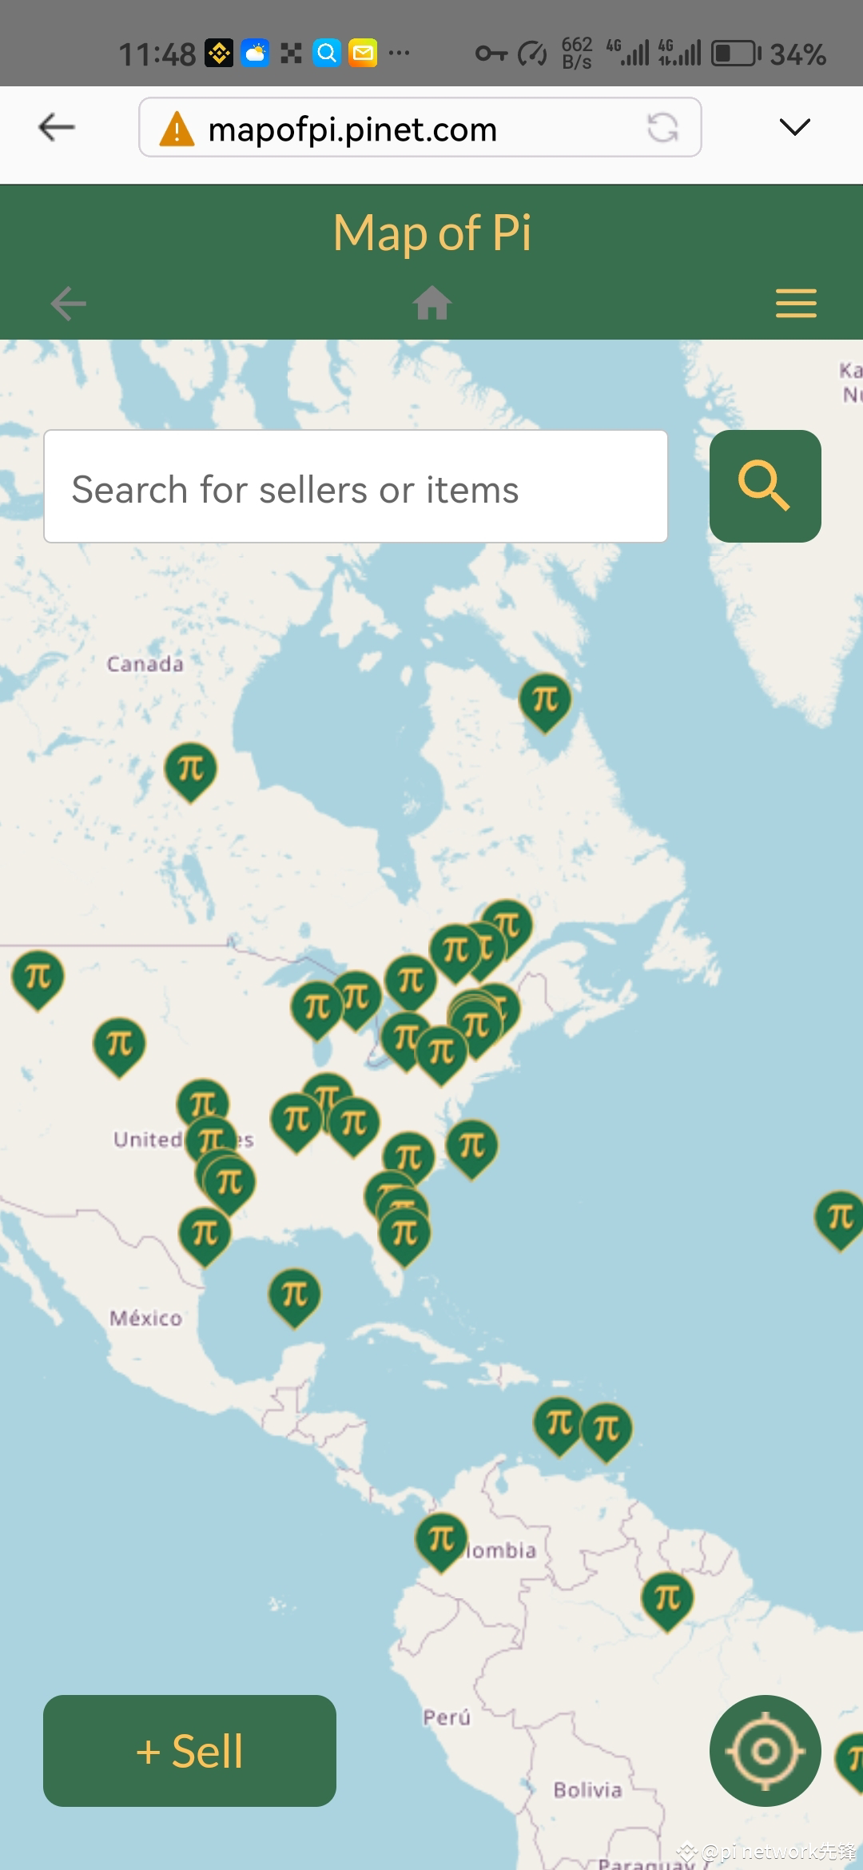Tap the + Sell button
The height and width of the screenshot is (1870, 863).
(189, 1750)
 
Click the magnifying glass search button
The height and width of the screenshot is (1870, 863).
(765, 486)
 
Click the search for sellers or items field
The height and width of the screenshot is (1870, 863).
(356, 487)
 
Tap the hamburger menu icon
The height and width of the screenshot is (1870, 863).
(796, 304)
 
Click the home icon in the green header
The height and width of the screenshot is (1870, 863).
(432, 303)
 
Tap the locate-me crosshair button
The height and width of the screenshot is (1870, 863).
(765, 1750)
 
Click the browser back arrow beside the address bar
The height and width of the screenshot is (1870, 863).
(57, 127)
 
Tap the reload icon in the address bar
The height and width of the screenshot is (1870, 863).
(662, 127)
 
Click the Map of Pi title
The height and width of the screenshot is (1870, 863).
(431, 233)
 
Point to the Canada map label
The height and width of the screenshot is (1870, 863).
(145, 664)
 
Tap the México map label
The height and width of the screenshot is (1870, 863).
(145, 1318)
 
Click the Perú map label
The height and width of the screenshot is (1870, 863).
(447, 1717)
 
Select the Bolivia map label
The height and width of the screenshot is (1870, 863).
(587, 1789)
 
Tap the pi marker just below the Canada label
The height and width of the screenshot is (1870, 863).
(190, 770)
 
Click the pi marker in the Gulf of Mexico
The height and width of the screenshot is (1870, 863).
(294, 1295)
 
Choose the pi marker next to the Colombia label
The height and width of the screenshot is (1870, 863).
(441, 1539)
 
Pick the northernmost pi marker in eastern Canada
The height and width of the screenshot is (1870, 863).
(545, 700)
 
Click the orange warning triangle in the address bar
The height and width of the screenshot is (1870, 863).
(177, 129)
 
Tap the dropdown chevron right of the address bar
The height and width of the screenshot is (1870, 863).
(794, 127)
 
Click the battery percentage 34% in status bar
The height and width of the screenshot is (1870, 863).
(797, 54)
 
